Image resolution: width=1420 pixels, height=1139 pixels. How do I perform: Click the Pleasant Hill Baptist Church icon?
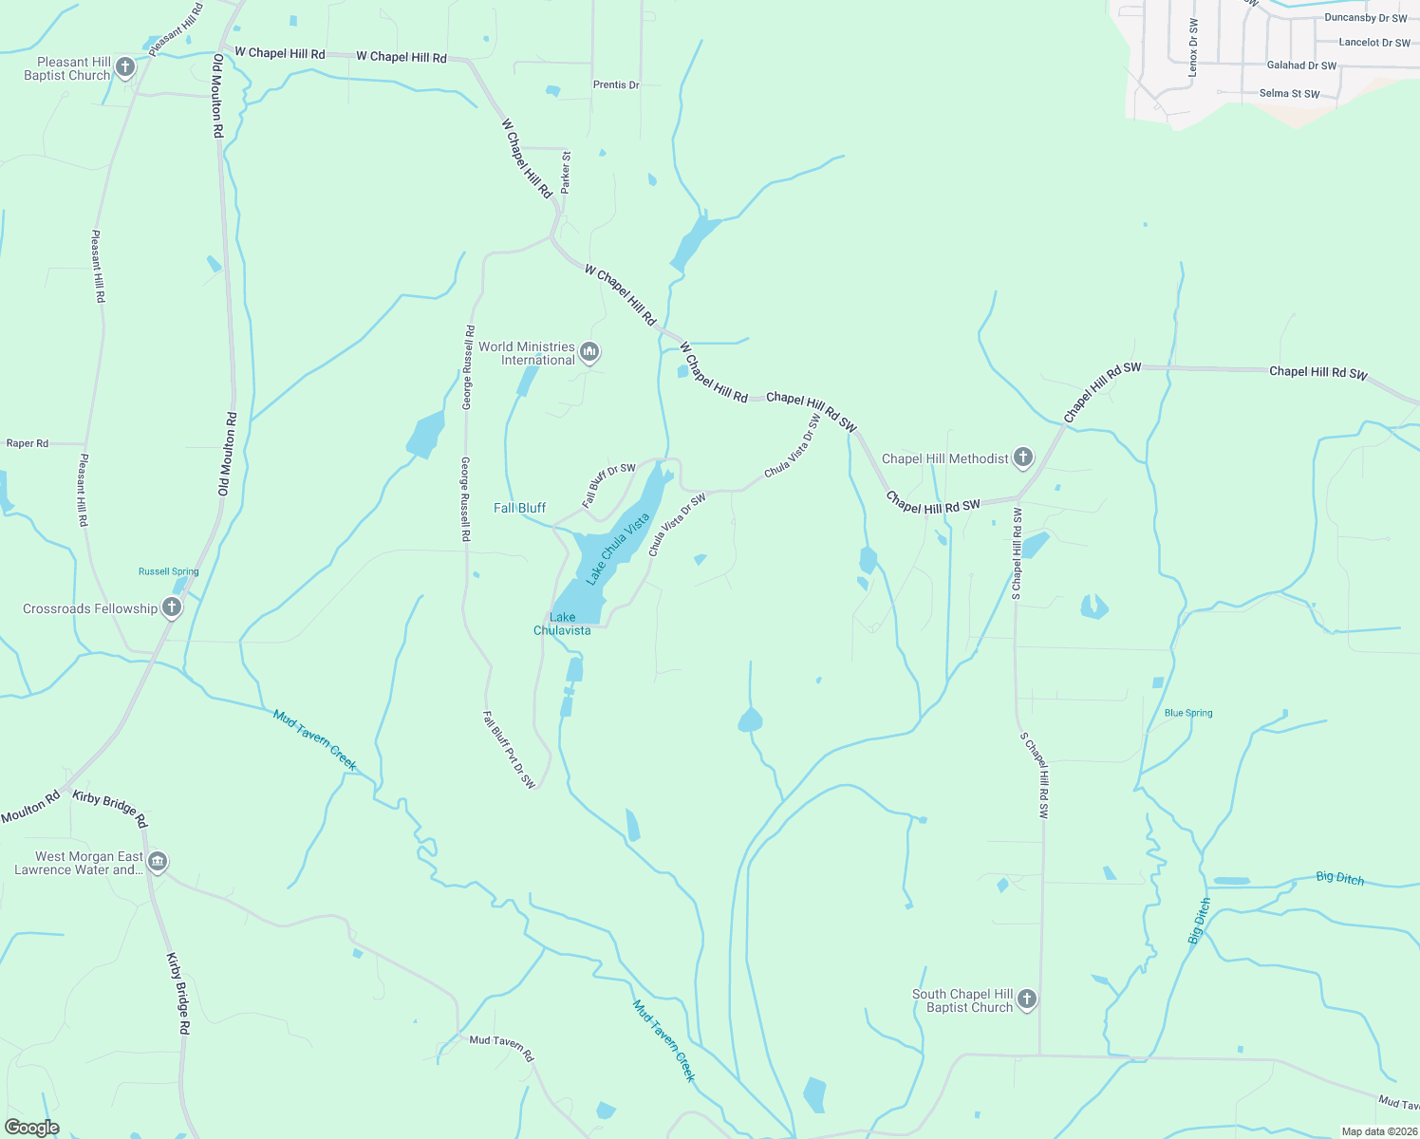pyautogui.click(x=124, y=67)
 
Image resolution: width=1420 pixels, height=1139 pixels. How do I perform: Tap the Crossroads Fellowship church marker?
pyautogui.click(x=171, y=607)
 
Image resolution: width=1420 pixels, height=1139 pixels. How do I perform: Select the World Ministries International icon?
pyautogui.click(x=589, y=353)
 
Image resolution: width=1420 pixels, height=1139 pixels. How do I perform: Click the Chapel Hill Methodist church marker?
pyautogui.click(x=1022, y=458)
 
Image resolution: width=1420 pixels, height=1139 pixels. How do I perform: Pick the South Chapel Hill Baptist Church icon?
pyautogui.click(x=1026, y=999)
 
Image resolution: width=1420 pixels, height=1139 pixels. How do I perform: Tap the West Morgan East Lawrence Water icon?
pyautogui.click(x=158, y=862)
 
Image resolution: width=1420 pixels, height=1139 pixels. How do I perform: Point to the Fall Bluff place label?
pyautogui.click(x=519, y=508)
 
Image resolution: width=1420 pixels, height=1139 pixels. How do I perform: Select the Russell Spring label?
pyautogui.click(x=168, y=571)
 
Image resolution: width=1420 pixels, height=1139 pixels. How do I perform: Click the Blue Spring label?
pyautogui.click(x=1188, y=713)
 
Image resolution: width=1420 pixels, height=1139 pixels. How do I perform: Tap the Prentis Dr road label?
pyautogui.click(x=616, y=84)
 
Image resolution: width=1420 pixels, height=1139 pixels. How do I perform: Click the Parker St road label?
pyautogui.click(x=566, y=172)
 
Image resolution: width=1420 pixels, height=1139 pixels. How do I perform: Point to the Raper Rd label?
pyautogui.click(x=28, y=443)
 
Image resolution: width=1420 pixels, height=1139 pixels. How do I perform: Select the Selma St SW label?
pyautogui.click(x=1289, y=93)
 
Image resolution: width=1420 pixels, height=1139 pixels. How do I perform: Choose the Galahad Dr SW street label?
pyautogui.click(x=1301, y=65)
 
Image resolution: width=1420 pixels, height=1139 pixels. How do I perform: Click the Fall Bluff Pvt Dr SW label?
pyautogui.click(x=510, y=750)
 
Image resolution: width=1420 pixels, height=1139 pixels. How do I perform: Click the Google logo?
pyautogui.click(x=31, y=1127)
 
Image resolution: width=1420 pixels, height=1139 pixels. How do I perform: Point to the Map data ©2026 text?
pyautogui.click(x=1378, y=1131)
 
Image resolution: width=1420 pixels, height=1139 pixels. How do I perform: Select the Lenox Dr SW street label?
pyautogui.click(x=1193, y=47)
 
